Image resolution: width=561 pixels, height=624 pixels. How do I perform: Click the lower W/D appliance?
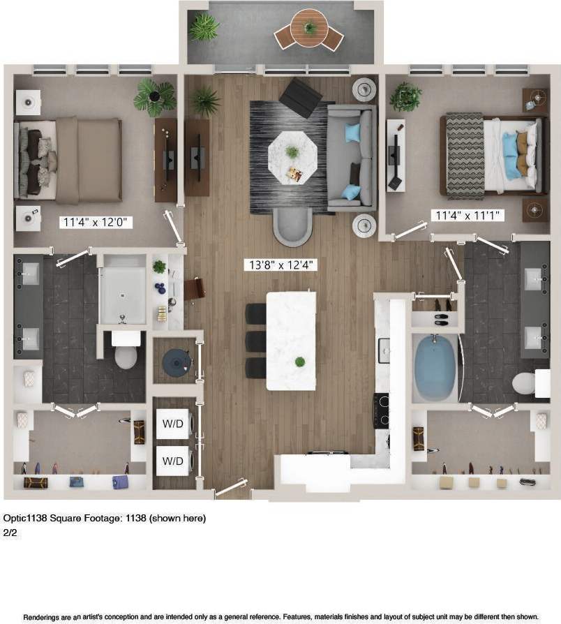tap(172, 461)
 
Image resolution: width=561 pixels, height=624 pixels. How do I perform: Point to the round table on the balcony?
tap(308, 29)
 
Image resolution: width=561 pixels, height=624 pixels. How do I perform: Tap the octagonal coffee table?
tap(293, 157)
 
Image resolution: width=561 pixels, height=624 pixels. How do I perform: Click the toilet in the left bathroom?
tap(126, 352)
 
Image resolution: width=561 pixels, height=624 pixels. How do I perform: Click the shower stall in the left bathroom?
tap(123, 290)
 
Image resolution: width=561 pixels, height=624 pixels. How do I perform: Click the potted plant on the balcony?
tap(204, 27)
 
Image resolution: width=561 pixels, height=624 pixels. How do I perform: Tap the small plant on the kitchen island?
tap(300, 362)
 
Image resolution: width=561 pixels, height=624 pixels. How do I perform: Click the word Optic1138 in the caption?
tap(24, 518)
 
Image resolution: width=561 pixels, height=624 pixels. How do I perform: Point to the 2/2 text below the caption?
tap(10, 532)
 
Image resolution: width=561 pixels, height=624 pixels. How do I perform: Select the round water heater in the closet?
tap(174, 361)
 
